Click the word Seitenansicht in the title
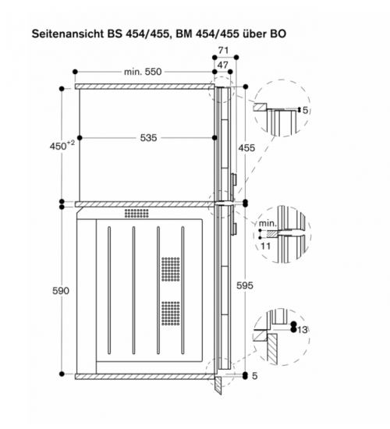(x=68, y=34)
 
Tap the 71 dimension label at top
(x=223, y=51)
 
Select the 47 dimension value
(x=223, y=65)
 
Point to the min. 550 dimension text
(x=143, y=72)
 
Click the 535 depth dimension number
(x=149, y=138)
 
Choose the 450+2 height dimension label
(x=62, y=146)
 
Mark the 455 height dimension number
(x=246, y=148)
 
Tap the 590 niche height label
(x=61, y=291)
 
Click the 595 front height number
(x=245, y=285)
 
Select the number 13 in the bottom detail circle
(x=302, y=330)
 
